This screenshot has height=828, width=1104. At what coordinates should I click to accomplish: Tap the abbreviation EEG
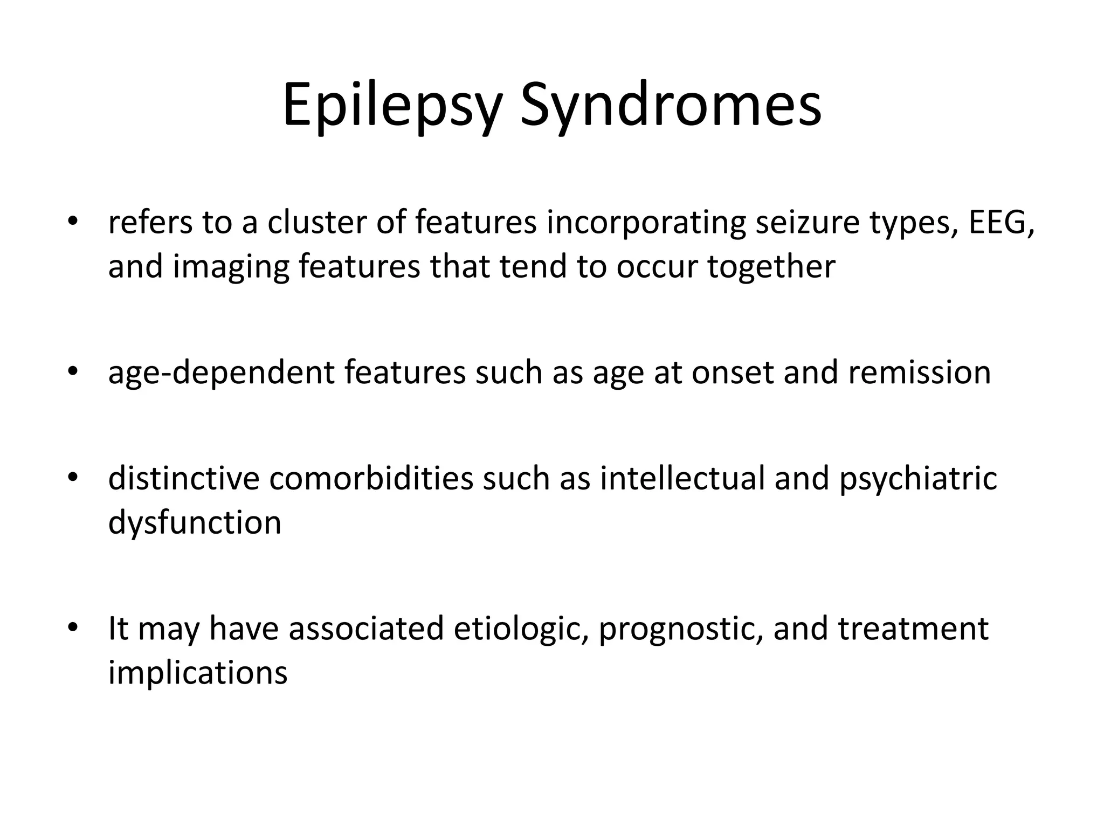pos(998,222)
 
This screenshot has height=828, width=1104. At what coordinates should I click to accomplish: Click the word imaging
pos(231,267)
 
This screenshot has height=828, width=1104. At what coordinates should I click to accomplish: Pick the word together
pos(771,267)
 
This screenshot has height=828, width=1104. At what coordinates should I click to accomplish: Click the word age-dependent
pos(222,372)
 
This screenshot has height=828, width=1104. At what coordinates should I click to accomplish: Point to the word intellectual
pos(682,479)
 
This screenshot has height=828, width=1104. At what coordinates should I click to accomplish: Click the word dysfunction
pos(195,523)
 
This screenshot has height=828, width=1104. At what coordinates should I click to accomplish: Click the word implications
pos(198,673)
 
